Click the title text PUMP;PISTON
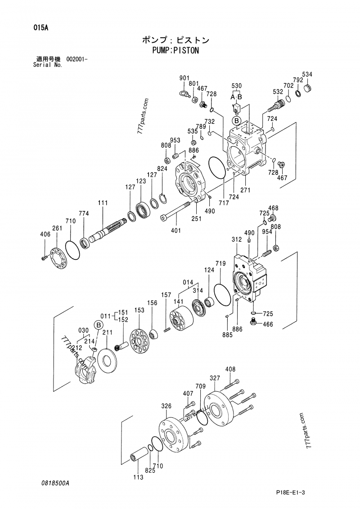(x=175, y=50)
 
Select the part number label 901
(x=184, y=78)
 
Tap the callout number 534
(x=307, y=74)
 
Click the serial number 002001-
(x=77, y=59)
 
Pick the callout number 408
(x=230, y=370)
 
